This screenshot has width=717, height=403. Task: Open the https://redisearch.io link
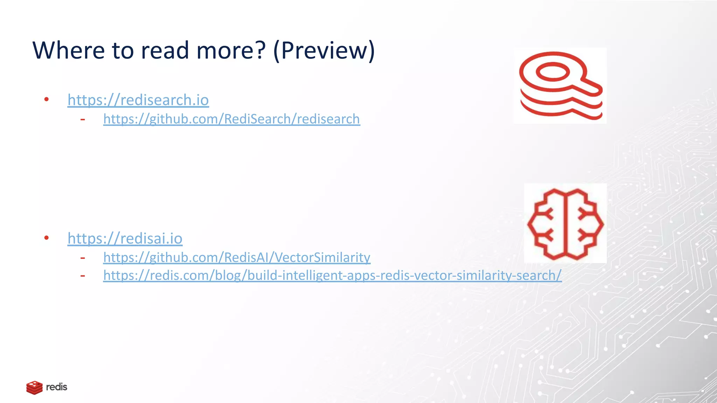(x=138, y=100)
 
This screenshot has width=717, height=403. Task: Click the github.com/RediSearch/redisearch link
(x=231, y=119)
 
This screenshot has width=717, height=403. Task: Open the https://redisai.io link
(x=125, y=239)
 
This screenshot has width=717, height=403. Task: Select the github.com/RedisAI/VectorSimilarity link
(x=237, y=257)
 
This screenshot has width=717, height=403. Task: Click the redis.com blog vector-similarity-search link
(x=332, y=276)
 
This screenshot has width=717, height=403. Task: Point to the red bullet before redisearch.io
(x=47, y=100)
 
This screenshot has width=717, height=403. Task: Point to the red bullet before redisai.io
(x=47, y=238)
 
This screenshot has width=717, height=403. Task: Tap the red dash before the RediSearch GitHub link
(x=83, y=120)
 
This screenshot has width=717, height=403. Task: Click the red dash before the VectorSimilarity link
(x=83, y=258)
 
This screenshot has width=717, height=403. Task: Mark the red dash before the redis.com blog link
(x=83, y=276)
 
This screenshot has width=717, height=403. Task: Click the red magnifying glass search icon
(x=560, y=85)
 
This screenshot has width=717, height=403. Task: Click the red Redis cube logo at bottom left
(x=34, y=388)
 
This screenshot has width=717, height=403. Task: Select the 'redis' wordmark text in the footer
(x=57, y=387)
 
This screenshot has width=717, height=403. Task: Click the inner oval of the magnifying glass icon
(x=553, y=72)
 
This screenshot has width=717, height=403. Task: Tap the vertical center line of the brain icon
(x=566, y=224)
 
